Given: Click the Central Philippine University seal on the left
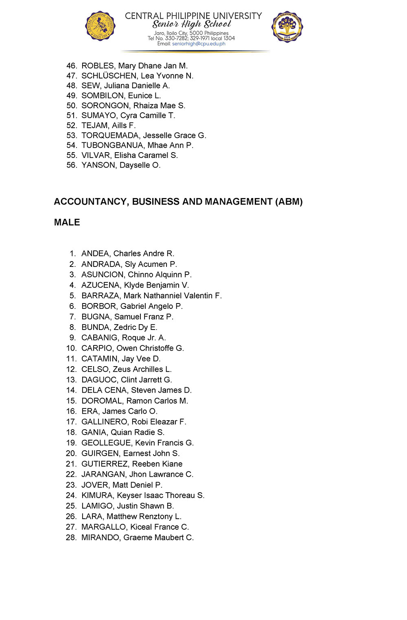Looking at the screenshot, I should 100,26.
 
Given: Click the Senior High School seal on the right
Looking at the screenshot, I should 287,26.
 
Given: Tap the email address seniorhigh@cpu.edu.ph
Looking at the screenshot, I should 199,44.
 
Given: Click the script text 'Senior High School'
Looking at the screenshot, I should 192,24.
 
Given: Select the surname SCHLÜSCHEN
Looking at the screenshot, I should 109,76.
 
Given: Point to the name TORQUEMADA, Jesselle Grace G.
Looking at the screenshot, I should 144,135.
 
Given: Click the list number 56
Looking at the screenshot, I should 71,165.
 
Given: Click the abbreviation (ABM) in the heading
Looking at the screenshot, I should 289,202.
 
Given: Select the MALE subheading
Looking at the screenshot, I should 67,223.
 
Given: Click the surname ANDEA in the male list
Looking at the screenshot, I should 95,254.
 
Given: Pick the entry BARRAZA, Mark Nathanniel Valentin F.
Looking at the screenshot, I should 151,296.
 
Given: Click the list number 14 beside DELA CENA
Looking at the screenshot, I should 71,390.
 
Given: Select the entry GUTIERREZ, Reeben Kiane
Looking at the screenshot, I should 132,464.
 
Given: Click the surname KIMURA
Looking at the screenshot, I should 97,496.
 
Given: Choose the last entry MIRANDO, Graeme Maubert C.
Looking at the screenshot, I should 138,537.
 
